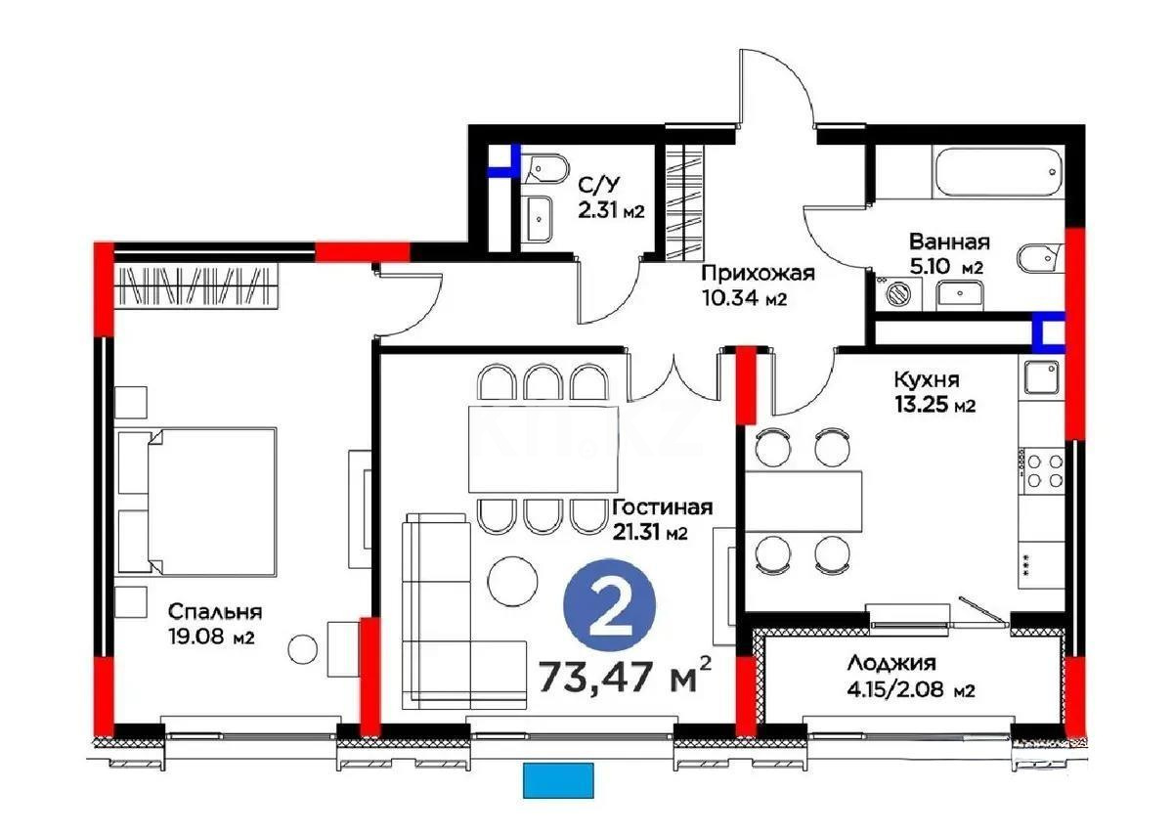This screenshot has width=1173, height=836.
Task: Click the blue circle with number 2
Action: pyautogui.click(x=610, y=609)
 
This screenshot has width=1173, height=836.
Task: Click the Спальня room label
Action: pyautogui.click(x=214, y=612)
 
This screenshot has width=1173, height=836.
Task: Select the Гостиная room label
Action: pyautogui.click(x=662, y=507)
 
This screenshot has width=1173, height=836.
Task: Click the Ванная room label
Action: pyautogui.click(x=948, y=242)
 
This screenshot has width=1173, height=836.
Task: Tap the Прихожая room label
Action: pyautogui.click(x=758, y=274)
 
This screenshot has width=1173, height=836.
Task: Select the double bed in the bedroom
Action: pyautogui.click(x=198, y=500)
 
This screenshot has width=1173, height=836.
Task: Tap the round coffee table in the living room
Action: pyautogui.click(x=512, y=581)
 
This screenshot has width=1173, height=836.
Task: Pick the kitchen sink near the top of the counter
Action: pyautogui.click(x=1042, y=378)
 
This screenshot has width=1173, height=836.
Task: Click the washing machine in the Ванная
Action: pyautogui.click(x=898, y=292)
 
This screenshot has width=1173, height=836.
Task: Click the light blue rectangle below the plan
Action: pyautogui.click(x=558, y=780)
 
